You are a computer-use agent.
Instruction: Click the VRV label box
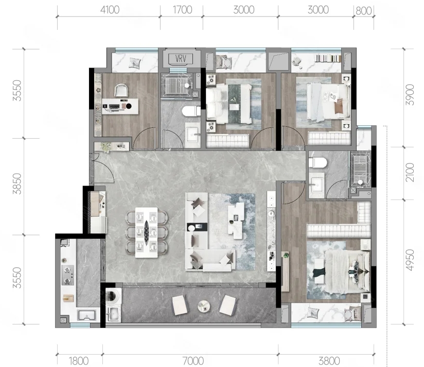181,58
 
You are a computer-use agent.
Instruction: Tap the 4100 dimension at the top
110,10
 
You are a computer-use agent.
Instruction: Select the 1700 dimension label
182,10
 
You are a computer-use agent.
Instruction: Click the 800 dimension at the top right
363,11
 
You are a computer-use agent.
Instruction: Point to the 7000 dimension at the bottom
193,361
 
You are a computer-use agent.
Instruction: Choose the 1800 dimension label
79,361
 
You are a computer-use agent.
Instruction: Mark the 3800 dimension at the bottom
329,361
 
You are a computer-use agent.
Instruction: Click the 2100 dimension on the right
410,172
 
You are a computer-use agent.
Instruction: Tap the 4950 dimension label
410,260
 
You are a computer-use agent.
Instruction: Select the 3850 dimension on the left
17,184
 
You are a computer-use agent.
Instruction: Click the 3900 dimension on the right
410,95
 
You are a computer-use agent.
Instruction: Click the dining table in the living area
146,232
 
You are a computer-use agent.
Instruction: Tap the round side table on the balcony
204,306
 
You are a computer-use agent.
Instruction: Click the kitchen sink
86,315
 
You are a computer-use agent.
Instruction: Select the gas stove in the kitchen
68,275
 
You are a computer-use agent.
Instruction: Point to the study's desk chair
121,90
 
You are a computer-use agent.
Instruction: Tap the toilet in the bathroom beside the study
191,111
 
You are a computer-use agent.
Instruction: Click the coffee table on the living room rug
236,221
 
